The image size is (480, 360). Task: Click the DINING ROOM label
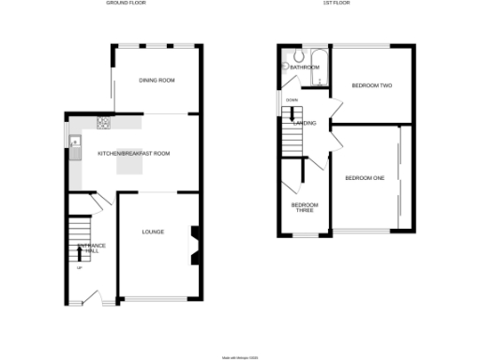click(157, 81)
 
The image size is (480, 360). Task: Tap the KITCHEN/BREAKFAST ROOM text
click(134, 153)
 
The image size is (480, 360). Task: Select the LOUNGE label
click(153, 231)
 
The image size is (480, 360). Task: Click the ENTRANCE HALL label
click(91, 248)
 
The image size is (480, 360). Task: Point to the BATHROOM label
click(305, 67)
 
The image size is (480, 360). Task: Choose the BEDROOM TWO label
click(371, 85)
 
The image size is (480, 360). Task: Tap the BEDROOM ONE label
click(365, 177)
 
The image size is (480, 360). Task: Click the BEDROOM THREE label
click(304, 208)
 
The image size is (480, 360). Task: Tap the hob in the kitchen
click(105, 123)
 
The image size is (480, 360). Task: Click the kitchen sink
click(75, 144)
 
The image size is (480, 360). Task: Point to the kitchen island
click(130, 165)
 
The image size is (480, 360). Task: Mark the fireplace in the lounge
click(195, 246)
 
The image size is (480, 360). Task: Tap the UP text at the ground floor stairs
click(78, 269)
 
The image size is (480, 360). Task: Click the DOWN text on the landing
click(292, 100)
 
